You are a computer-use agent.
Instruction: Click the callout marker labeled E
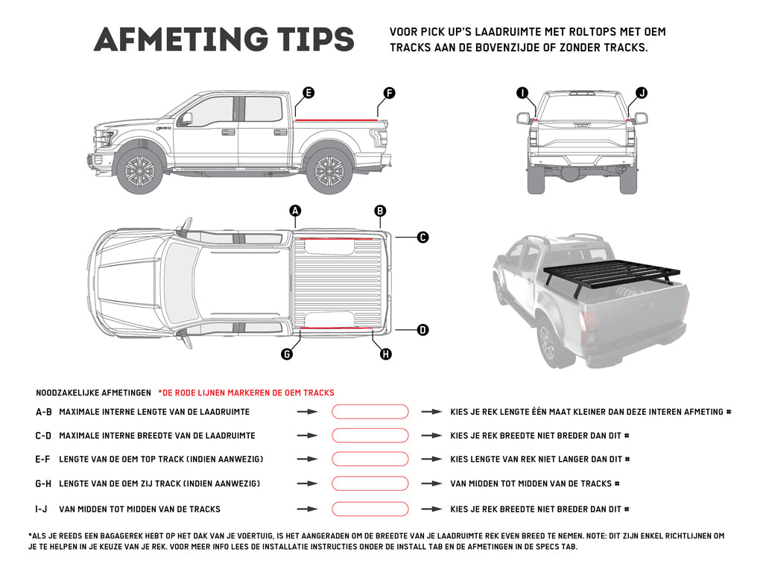pos(308,93)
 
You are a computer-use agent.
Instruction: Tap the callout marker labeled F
pos(389,93)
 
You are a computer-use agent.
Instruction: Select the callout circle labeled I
pos(522,93)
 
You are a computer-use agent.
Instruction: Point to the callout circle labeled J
pos(642,93)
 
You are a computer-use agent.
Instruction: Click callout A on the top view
pos(296,212)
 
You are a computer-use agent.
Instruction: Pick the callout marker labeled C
pos(422,238)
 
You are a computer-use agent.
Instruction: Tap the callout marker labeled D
pos(422,329)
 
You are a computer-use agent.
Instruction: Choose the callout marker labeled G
pos(287,355)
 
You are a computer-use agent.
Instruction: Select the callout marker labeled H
pos(386,355)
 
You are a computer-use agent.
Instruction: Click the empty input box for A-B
pos(370,412)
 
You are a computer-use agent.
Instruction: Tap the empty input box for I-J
pos(370,509)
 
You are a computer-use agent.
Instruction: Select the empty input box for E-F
pos(370,460)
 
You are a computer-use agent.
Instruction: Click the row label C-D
pos(43,436)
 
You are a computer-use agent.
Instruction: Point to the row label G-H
pos(43,484)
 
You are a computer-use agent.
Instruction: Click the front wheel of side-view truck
pos(140,172)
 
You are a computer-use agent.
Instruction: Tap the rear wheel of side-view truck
pos(329,172)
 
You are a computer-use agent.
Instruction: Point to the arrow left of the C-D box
pos(307,436)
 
